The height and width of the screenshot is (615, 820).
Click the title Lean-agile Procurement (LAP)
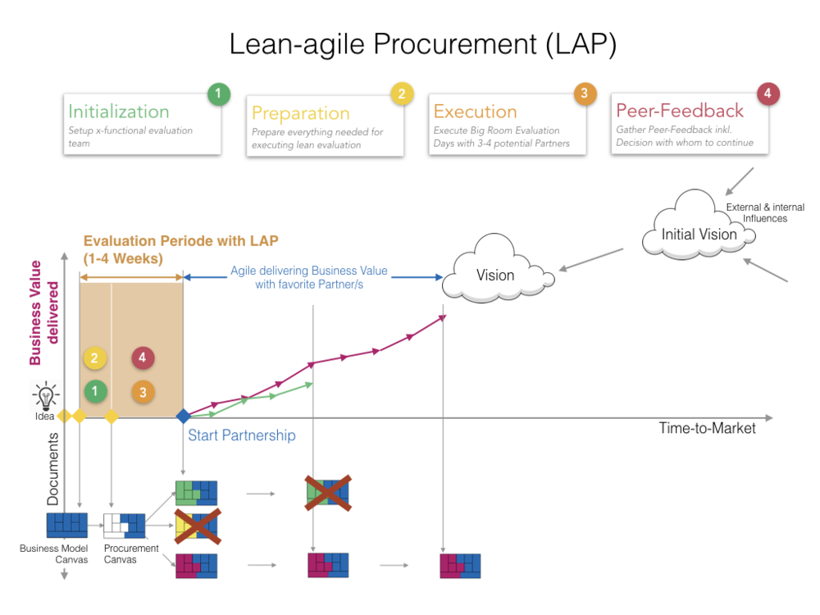click(x=422, y=44)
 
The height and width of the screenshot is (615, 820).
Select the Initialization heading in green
click(x=119, y=112)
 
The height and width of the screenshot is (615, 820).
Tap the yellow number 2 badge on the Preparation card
click(x=401, y=94)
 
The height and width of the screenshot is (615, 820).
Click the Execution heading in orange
click(x=475, y=112)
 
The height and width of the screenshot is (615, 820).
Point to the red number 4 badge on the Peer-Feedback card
click(x=767, y=93)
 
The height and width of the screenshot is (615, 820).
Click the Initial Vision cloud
click(x=699, y=235)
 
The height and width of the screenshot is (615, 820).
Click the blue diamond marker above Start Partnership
click(x=183, y=417)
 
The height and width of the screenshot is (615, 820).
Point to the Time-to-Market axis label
click(x=707, y=428)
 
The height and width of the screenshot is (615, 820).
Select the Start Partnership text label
click(x=241, y=435)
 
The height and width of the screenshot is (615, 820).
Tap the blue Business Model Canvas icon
click(x=67, y=525)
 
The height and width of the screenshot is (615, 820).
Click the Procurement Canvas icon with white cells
click(x=124, y=525)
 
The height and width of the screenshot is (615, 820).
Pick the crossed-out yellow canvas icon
click(x=197, y=526)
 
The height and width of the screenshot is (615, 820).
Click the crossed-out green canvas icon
click(x=328, y=493)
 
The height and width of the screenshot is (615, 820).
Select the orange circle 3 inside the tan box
click(x=143, y=392)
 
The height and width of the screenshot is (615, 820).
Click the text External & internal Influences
click(x=764, y=213)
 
